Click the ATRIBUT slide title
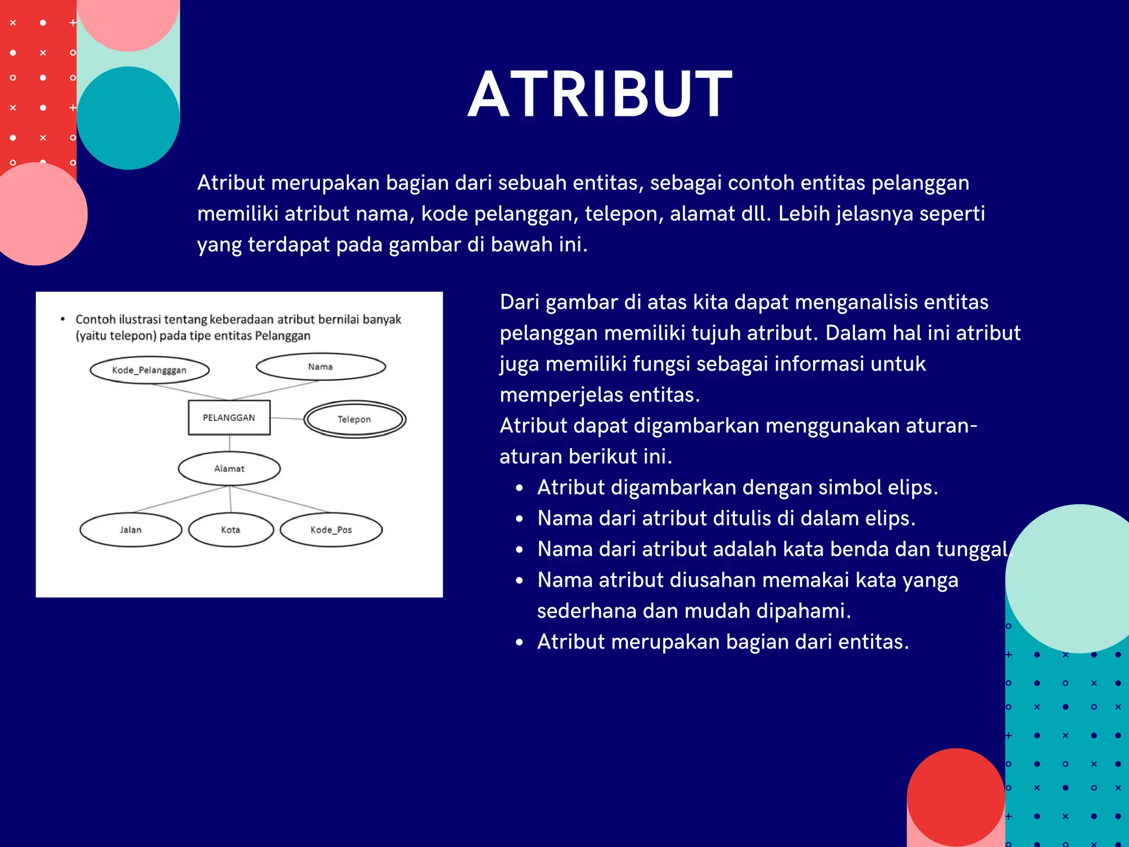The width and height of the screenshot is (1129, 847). click(x=600, y=94)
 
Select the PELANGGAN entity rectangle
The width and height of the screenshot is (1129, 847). click(x=229, y=417)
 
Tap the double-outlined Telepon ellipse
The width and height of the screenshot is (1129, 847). click(x=354, y=419)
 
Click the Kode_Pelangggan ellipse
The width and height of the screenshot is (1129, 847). click(x=149, y=370)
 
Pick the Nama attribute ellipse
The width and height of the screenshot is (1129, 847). click(x=320, y=367)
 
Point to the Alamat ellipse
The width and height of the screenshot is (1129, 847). click(x=229, y=469)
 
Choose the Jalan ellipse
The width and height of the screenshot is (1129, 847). click(x=131, y=529)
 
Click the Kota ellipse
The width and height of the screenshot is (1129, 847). click(x=230, y=529)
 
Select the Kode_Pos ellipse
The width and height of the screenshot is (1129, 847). click(x=331, y=529)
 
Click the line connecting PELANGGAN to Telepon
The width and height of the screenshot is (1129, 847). click(x=287, y=419)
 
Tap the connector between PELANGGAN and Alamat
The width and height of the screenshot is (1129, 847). click(x=229, y=443)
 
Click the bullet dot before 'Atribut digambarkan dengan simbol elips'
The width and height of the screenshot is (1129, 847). click(x=519, y=488)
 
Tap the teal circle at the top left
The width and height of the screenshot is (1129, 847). click(x=128, y=118)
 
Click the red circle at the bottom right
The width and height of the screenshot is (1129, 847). click(x=955, y=797)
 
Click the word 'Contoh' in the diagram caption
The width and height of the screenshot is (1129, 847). click(x=95, y=319)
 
